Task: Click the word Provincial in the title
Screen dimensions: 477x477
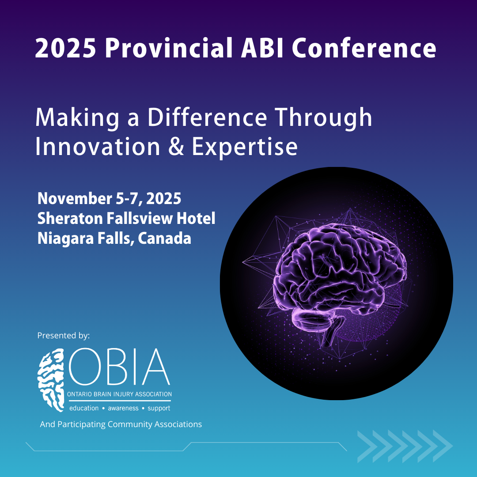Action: click(168, 48)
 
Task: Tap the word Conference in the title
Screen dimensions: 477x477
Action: click(364, 48)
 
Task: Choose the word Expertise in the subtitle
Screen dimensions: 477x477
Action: click(244, 147)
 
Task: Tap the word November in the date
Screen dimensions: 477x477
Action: click(75, 199)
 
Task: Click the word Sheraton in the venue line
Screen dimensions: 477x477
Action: click(70, 219)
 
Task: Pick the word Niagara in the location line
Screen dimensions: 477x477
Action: click(65, 238)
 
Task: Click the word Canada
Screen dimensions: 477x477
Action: click(164, 238)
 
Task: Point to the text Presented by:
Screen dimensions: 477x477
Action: click(63, 336)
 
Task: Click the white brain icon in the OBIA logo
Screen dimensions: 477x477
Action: click(51, 380)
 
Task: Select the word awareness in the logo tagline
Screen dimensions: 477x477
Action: click(123, 408)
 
